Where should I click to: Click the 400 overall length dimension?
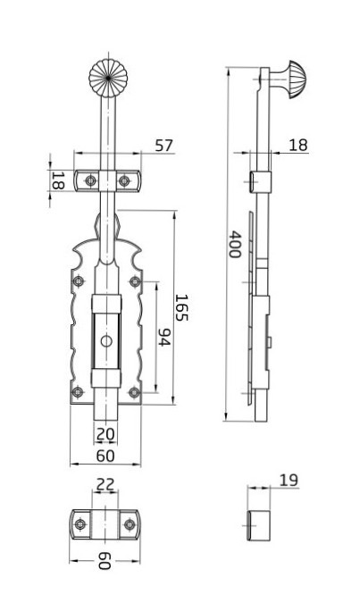[x=234, y=245]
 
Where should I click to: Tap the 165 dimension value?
[x=181, y=307]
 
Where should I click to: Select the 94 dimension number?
[x=164, y=337]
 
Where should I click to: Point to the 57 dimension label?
[x=163, y=146]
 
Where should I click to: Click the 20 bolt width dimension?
[x=105, y=434]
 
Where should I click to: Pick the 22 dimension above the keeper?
[x=105, y=484]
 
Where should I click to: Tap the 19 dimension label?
[x=289, y=481]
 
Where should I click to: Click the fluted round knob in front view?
[x=108, y=78]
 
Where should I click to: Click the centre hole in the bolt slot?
[x=106, y=341]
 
